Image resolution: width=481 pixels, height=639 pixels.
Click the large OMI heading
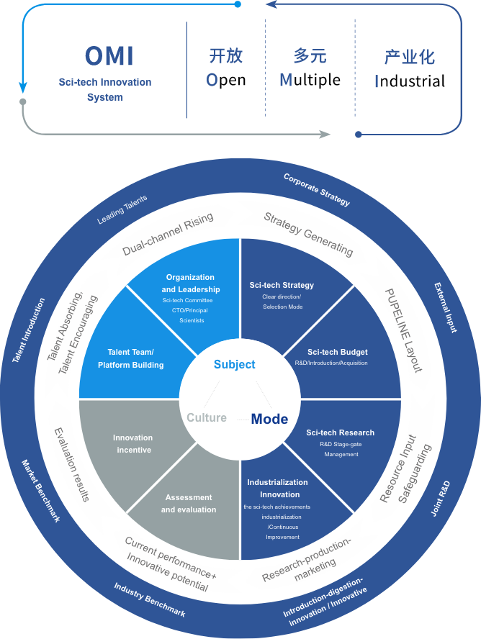(109, 56)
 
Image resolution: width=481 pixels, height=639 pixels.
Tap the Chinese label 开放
(225, 56)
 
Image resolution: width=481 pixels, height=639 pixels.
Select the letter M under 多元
(286, 80)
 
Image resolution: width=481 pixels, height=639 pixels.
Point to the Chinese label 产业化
(409, 57)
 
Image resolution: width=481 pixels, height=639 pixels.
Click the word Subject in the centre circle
(234, 365)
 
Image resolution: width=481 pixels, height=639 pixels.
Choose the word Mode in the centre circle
(269, 419)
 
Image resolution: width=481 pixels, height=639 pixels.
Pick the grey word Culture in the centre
(207, 418)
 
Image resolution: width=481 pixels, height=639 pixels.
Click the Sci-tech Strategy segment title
(282, 285)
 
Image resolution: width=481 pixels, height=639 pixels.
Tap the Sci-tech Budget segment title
(337, 352)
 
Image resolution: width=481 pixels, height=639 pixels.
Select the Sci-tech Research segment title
(340, 432)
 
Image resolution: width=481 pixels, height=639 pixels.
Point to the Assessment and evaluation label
(189, 504)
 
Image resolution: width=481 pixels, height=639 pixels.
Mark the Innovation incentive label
(132, 444)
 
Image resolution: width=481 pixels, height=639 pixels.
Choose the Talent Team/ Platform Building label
(131, 358)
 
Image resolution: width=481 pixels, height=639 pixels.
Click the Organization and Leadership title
(190, 283)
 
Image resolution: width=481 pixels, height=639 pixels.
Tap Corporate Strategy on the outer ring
(317, 189)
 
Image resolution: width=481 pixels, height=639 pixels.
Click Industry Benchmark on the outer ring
(150, 599)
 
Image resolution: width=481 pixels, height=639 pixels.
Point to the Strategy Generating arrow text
(308, 234)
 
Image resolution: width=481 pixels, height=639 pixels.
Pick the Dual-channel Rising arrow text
(168, 235)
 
